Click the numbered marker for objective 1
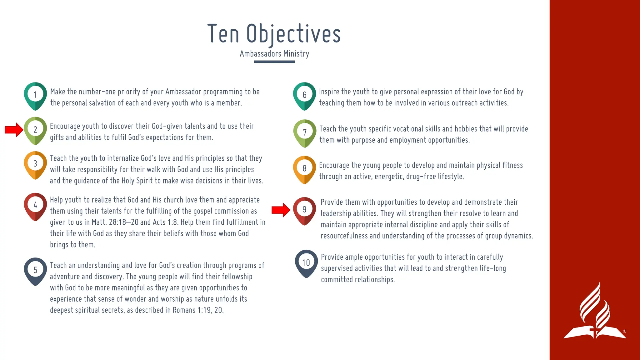(35, 95)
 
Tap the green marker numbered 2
(35, 130)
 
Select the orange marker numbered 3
(35, 164)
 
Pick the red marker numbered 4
(35, 206)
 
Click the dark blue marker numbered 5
(35, 271)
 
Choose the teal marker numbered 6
(304, 95)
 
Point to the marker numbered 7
(305, 133)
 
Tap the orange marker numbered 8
(304, 169)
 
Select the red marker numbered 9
(304, 210)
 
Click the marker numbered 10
(306, 263)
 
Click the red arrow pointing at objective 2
(14, 130)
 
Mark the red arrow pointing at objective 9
(281, 210)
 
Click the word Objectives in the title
(293, 34)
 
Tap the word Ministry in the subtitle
(296, 54)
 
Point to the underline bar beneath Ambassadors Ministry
(274, 62)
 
